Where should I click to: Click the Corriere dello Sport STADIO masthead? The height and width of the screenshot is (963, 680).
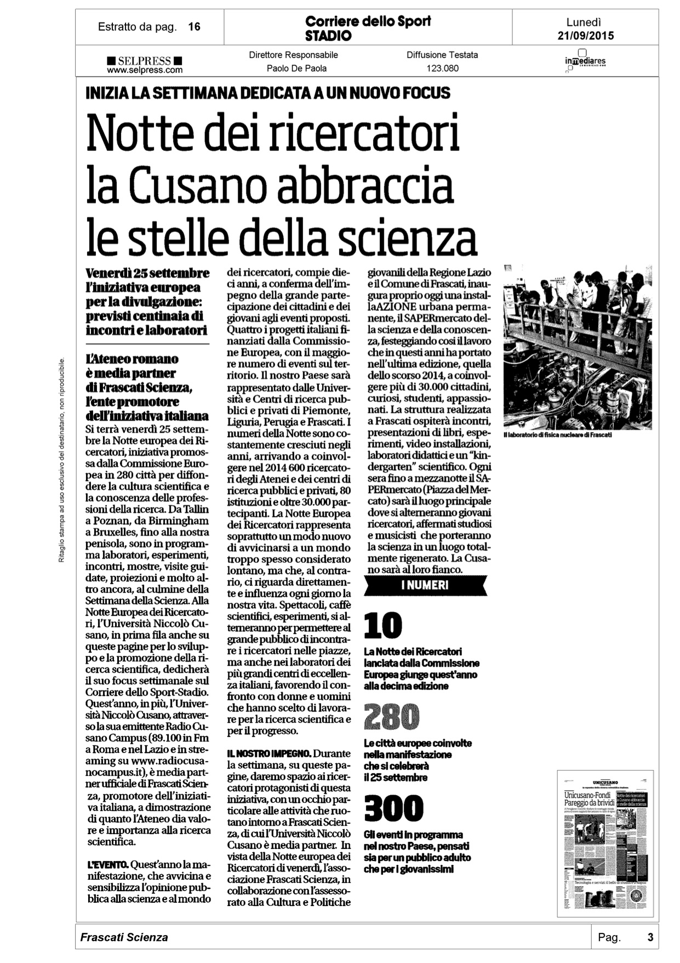pos(368,28)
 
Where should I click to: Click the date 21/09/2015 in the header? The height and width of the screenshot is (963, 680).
pos(585,36)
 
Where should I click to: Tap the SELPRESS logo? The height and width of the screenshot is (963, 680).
pos(145,61)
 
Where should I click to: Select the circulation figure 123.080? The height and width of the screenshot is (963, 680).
pos(442,69)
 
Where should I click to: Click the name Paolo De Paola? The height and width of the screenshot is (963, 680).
pos(296,69)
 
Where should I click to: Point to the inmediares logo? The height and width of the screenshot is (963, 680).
pos(585,61)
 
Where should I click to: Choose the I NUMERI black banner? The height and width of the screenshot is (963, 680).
pos(425,585)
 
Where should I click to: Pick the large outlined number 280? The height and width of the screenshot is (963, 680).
pos(391,717)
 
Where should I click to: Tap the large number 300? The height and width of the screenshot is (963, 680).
pos(393,808)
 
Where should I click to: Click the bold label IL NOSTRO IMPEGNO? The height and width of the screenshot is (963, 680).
pos(269,754)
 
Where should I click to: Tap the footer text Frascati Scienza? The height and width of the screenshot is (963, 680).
pos(124,937)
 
